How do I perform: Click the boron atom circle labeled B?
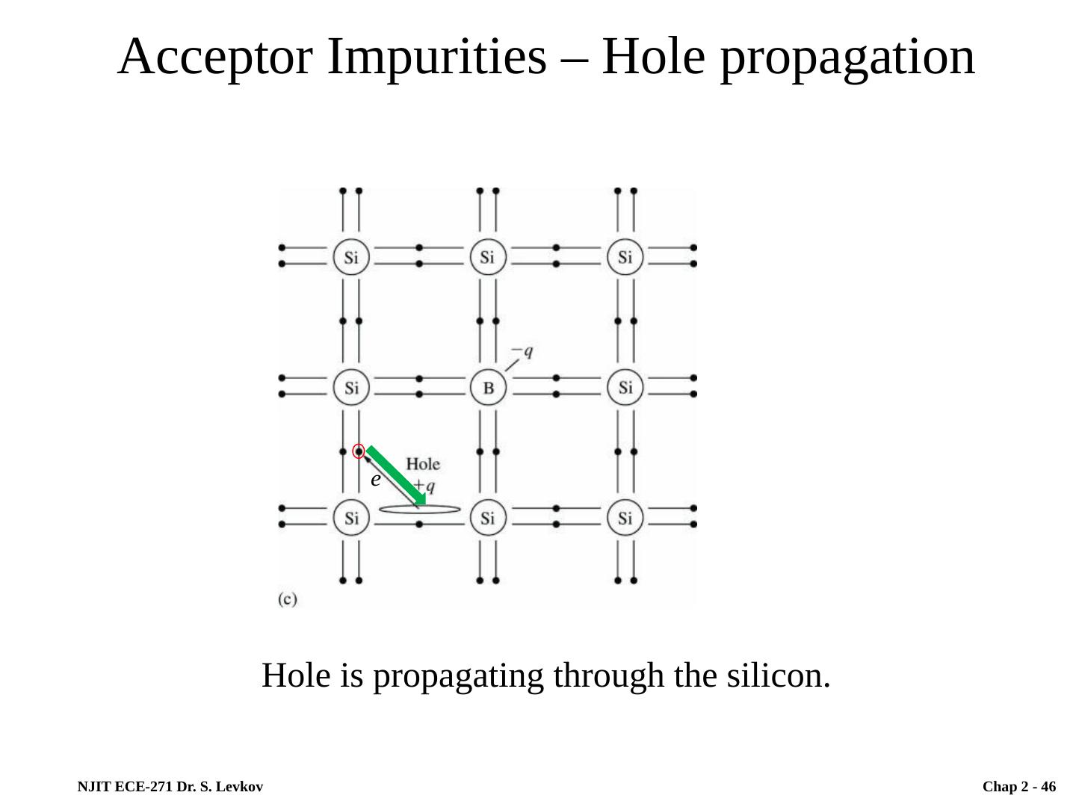tap(488, 388)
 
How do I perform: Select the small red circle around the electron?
tap(359, 451)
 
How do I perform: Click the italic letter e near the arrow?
tap(376, 479)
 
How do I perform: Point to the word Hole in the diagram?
tap(423, 464)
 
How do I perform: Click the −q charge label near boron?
tap(522, 351)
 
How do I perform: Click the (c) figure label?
tap(288, 599)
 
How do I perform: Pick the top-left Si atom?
tap(350, 258)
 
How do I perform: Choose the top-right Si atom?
tap(625, 258)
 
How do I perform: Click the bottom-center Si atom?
tap(488, 518)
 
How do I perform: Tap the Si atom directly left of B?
tap(350, 388)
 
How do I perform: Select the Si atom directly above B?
tap(488, 258)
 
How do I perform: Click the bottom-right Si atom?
tap(625, 518)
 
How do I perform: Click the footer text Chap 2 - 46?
tap(1019, 787)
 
